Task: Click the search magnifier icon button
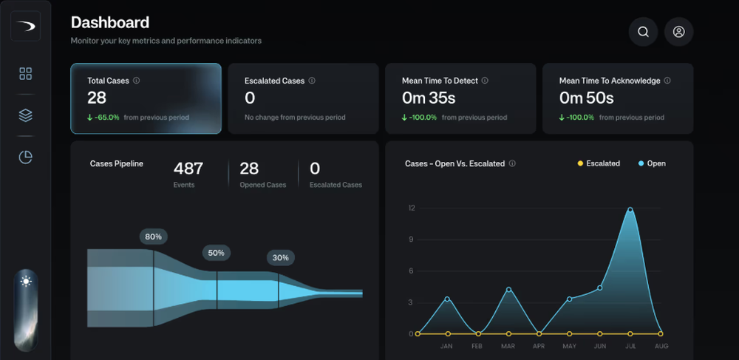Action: tap(643, 32)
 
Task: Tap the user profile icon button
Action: tap(678, 32)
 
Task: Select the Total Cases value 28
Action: tap(97, 98)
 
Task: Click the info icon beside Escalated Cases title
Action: tap(312, 81)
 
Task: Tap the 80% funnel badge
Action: tap(154, 237)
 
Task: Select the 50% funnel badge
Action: tap(216, 252)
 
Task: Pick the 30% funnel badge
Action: tap(280, 258)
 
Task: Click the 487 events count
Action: tap(188, 169)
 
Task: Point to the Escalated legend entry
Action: tap(598, 163)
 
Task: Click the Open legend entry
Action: tap(651, 163)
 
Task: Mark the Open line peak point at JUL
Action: tap(630, 210)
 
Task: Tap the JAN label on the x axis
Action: tap(446, 345)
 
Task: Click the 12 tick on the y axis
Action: tap(412, 208)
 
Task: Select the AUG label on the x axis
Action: tap(661, 345)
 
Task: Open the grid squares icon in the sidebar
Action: tap(26, 73)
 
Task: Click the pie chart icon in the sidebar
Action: tap(26, 157)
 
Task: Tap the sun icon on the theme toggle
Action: tap(26, 281)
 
